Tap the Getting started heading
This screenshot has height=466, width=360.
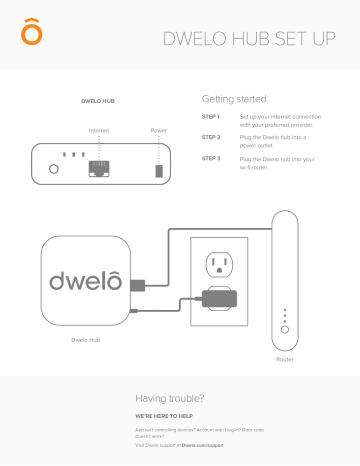(x=232, y=101)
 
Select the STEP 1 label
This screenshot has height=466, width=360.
(x=211, y=118)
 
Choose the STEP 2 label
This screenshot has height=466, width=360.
(x=211, y=137)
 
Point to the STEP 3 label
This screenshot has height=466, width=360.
(x=211, y=158)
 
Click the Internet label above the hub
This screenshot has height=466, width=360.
(x=98, y=131)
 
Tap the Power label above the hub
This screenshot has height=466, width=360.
(x=158, y=131)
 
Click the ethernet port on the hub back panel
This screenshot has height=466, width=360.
(x=99, y=168)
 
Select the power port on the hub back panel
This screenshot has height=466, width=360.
(x=158, y=170)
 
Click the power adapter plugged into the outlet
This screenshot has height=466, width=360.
(x=219, y=298)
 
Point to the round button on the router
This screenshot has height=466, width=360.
(x=284, y=329)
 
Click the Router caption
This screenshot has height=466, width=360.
(x=285, y=359)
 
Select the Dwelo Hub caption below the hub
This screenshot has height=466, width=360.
(x=87, y=339)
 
